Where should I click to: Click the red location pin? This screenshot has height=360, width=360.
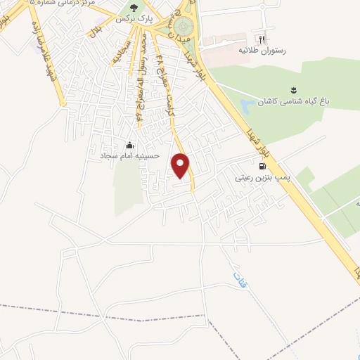tap(181, 165)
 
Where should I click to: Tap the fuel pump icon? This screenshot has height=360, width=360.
tap(262, 167)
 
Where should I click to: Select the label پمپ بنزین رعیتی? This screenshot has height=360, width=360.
tap(263, 179)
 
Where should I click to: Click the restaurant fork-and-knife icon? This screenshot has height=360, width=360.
tap(262, 39)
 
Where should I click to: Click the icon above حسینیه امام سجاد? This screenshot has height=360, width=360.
tap(129, 145)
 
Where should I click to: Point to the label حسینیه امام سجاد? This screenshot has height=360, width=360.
tap(129, 155)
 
